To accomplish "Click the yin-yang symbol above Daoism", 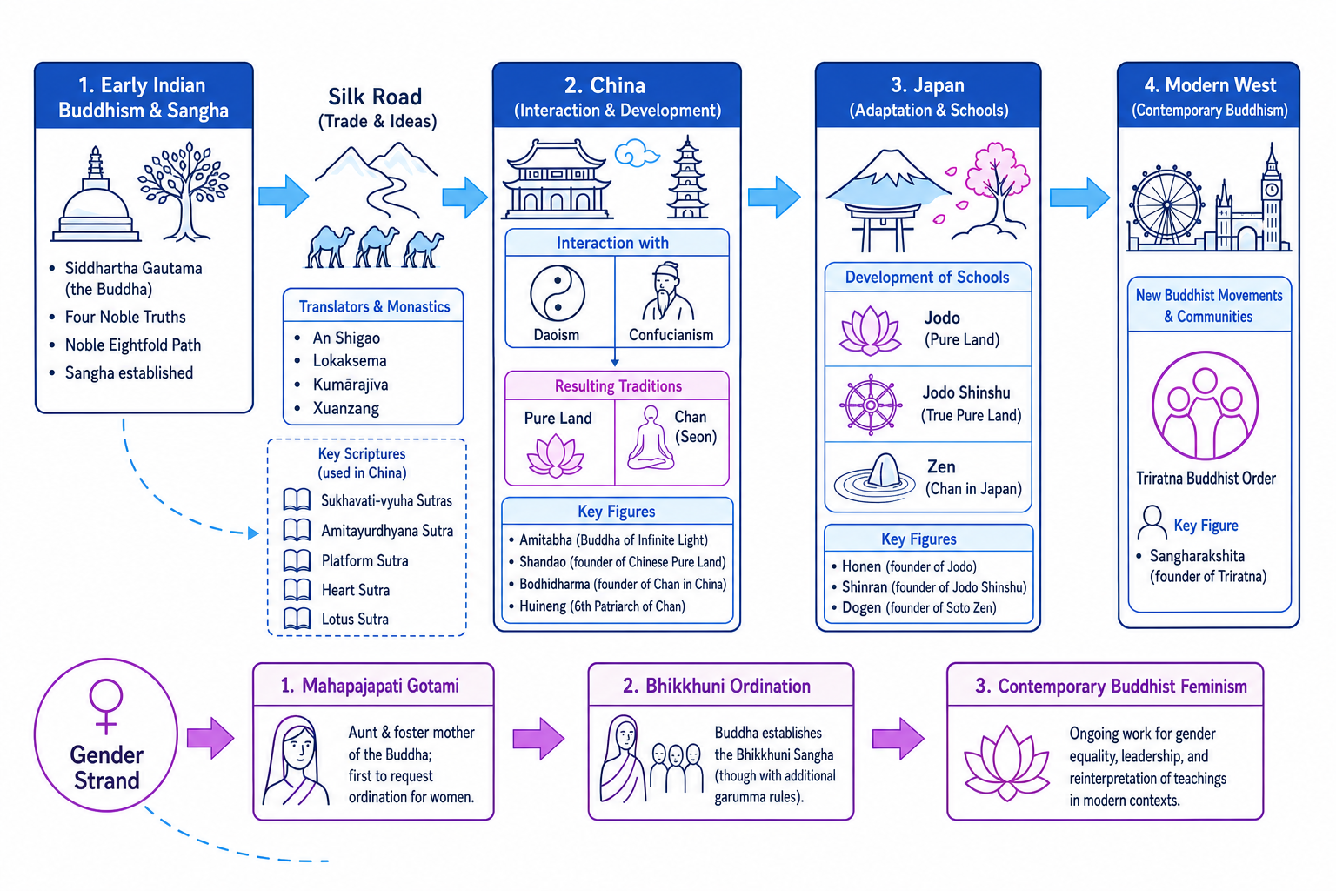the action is click(x=557, y=293).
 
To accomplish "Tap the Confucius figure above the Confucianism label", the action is click(x=668, y=291).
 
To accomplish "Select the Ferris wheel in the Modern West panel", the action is click(x=1166, y=204).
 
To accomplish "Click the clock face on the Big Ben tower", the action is click(x=1271, y=189).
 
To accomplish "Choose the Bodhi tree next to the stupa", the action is click(x=184, y=191).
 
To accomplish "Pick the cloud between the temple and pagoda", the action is click(x=637, y=152).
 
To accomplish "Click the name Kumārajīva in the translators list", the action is click(x=351, y=385).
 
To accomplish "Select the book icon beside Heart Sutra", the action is click(x=297, y=590).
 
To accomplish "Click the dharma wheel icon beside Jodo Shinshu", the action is click(x=871, y=405).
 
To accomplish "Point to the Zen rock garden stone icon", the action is click(x=874, y=478).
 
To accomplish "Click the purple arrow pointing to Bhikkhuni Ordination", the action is click(x=538, y=739).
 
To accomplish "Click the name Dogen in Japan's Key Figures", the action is click(x=861, y=607).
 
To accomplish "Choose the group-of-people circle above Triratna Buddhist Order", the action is click(x=1205, y=405).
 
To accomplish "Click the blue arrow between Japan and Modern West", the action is click(x=1080, y=198).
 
